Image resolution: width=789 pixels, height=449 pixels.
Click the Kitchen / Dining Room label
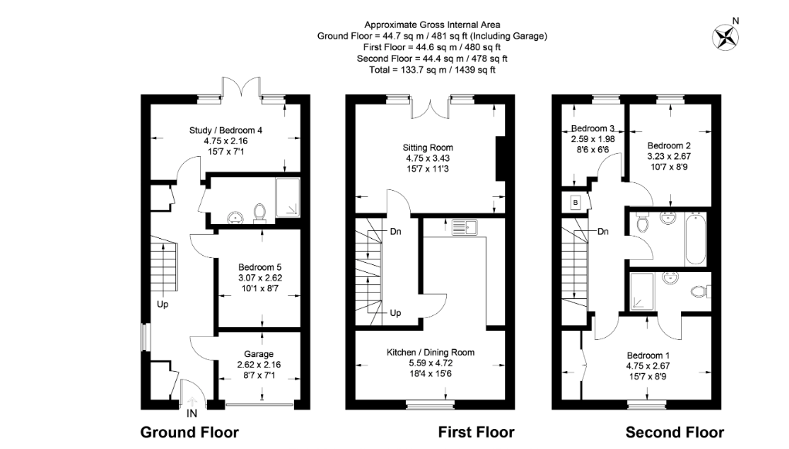430,352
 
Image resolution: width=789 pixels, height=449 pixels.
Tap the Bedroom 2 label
669,145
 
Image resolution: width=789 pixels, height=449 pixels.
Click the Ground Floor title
189,432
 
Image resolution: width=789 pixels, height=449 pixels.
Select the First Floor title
476,432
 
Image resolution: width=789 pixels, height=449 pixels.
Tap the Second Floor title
674,432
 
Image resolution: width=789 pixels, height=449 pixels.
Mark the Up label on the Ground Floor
163,304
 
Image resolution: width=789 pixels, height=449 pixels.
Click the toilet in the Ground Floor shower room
259,211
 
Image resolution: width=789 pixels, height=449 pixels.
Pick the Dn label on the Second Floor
604,231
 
